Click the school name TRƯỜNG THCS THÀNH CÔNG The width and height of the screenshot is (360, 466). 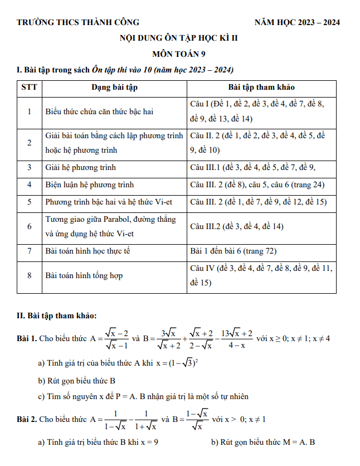click(x=78, y=22)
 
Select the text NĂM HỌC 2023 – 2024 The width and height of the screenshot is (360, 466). click(x=297, y=22)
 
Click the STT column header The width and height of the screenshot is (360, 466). click(x=29, y=88)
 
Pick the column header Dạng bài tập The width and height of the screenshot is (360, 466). click(x=114, y=88)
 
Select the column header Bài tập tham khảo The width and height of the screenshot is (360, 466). click(x=261, y=88)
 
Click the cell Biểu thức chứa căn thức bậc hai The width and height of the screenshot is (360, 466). click(x=99, y=111)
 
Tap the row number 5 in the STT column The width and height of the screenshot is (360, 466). click(x=29, y=202)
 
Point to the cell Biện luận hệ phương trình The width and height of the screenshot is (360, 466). click(x=90, y=185)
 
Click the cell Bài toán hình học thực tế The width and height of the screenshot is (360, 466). click(x=87, y=251)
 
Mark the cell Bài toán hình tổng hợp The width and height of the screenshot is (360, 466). click(x=84, y=276)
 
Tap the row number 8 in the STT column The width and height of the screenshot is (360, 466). click(x=29, y=276)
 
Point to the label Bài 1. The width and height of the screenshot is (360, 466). click(x=27, y=338)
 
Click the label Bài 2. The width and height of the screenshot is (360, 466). click(x=27, y=419)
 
